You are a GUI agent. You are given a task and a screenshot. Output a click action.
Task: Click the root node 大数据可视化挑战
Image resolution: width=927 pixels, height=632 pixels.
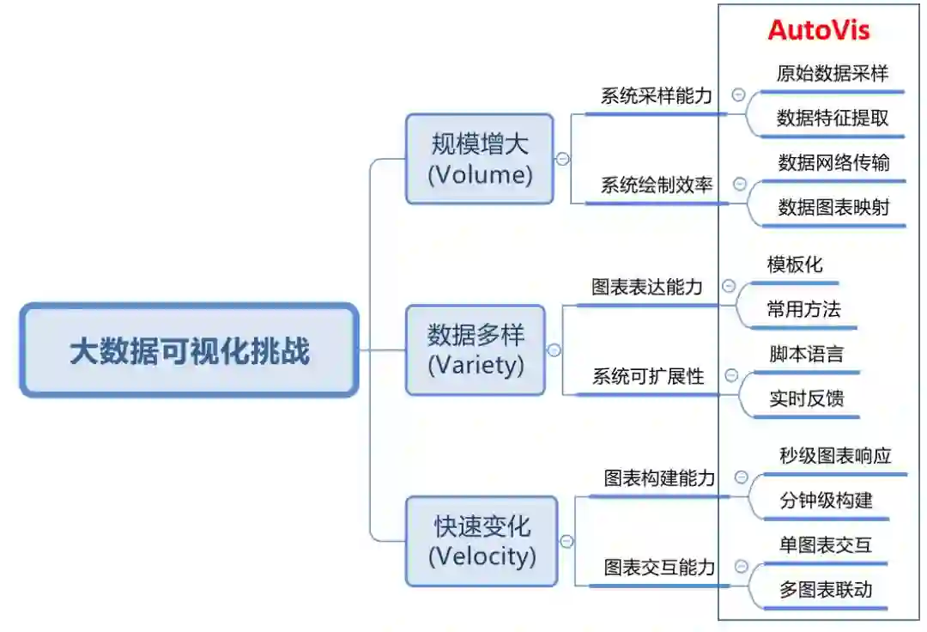[189, 350]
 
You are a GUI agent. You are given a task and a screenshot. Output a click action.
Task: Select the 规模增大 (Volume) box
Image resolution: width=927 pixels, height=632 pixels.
[480, 160]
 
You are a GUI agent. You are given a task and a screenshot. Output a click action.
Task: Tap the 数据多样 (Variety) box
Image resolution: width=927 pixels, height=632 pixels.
[476, 350]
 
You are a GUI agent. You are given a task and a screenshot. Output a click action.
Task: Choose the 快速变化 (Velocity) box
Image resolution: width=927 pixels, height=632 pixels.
[482, 541]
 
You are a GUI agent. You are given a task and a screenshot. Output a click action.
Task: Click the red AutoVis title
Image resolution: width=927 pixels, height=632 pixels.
[818, 31]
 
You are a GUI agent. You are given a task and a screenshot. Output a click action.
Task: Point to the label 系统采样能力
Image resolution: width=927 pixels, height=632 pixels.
[657, 95]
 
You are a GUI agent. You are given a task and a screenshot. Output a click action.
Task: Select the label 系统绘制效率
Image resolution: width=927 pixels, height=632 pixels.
[657, 185]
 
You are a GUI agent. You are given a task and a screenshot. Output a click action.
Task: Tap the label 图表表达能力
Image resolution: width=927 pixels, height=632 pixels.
[647, 287]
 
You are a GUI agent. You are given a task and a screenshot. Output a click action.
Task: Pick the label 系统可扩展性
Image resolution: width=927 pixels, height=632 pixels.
[648, 376]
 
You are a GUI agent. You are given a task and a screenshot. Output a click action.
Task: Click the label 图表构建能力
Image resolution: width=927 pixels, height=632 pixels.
[659, 478]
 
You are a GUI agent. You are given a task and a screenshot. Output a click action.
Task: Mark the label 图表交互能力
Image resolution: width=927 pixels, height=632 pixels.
[659, 567]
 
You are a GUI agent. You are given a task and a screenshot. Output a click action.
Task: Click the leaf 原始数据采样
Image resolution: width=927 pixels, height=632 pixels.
[832, 73]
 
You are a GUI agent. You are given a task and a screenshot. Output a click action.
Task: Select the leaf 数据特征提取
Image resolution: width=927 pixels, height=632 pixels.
[833, 118]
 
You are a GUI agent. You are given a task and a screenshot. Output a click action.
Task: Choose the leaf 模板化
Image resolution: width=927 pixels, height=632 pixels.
[795, 264]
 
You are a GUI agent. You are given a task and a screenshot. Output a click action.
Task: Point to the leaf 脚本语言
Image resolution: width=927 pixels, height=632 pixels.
[806, 354]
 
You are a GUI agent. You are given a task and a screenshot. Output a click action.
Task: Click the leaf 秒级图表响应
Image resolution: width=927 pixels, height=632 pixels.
[835, 455]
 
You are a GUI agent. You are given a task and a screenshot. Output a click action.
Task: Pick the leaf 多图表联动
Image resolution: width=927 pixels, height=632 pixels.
[826, 589]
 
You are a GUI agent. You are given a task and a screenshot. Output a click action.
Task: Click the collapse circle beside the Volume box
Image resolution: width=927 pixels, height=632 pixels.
[562, 159]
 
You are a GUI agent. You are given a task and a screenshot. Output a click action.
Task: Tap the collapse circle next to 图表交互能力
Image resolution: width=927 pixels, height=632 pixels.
[741, 567]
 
